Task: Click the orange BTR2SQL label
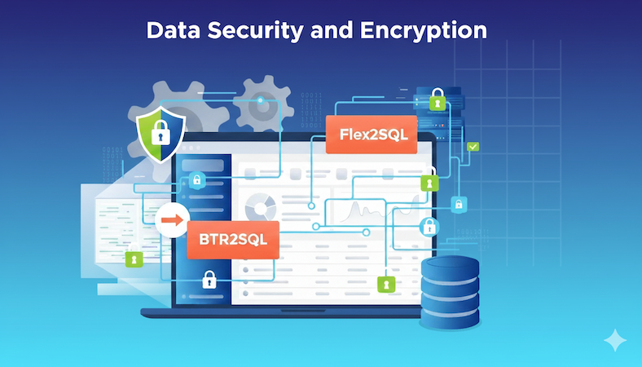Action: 233,240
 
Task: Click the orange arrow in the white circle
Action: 171,219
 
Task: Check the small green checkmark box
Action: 473,146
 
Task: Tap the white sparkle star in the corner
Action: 614,342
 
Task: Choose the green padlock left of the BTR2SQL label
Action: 135,259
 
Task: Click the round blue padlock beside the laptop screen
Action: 428,227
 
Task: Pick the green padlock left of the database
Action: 385,284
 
